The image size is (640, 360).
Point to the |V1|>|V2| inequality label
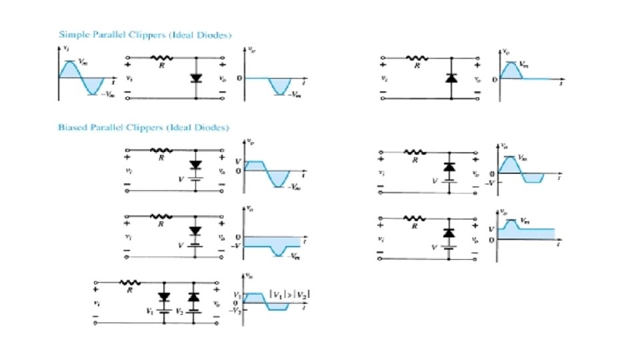coord(289,293)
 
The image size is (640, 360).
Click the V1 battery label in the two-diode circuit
coord(149,311)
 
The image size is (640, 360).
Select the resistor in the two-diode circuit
coord(129,282)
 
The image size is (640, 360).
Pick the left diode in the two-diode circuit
coord(164,296)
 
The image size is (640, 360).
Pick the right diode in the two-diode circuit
coord(194,296)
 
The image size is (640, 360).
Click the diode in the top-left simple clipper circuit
coord(195,78)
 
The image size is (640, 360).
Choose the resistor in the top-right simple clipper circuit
coord(417,57)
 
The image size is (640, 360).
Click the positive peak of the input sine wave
coord(69,62)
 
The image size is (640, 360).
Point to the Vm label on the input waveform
coord(81,61)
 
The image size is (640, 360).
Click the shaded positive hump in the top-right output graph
coord(510,71)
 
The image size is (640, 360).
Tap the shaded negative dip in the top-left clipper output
coord(279,86)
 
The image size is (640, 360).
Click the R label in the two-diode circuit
coord(130,290)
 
